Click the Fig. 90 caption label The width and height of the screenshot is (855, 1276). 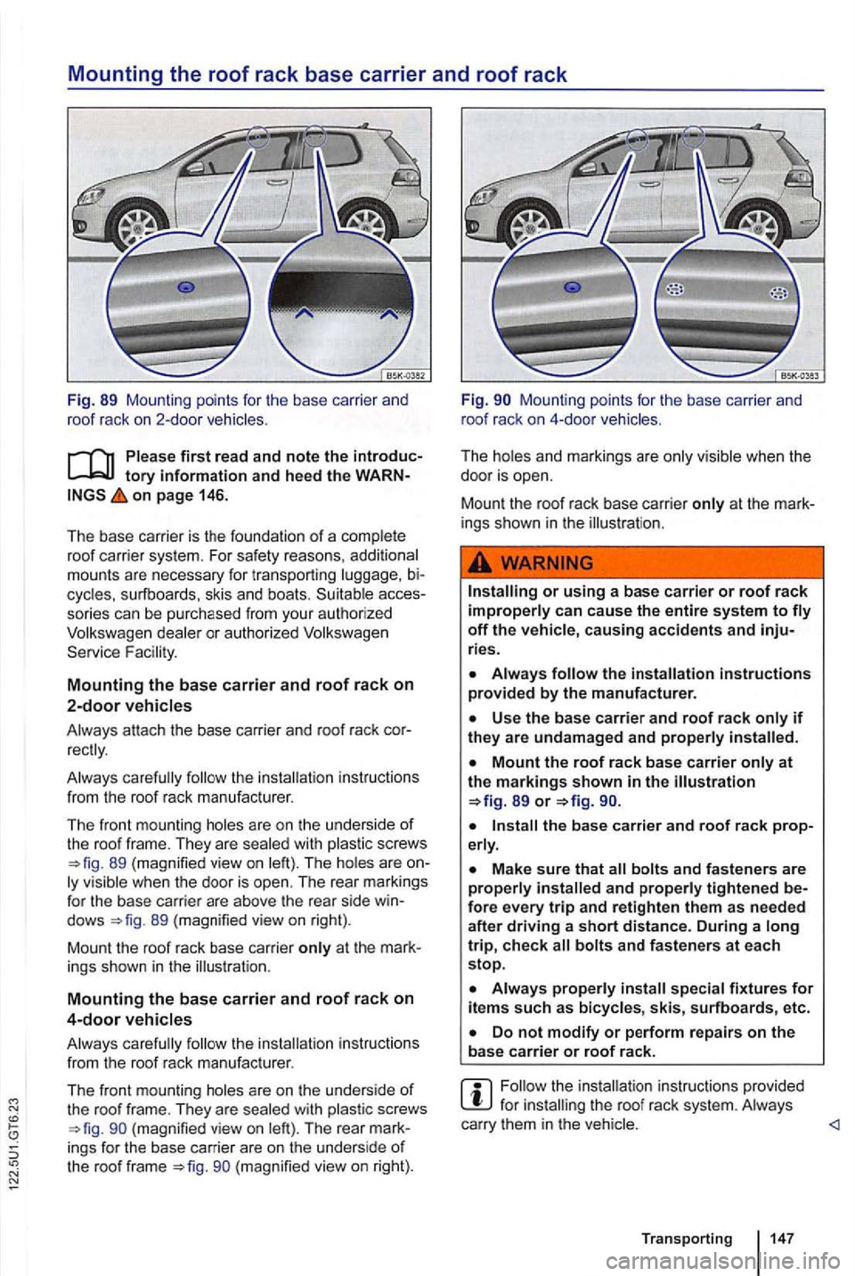tap(487, 399)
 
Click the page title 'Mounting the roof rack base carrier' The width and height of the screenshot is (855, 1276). tap(317, 74)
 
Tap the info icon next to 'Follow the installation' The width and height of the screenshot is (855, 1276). tap(477, 1095)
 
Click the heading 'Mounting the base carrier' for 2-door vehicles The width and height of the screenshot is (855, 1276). tap(240, 684)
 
